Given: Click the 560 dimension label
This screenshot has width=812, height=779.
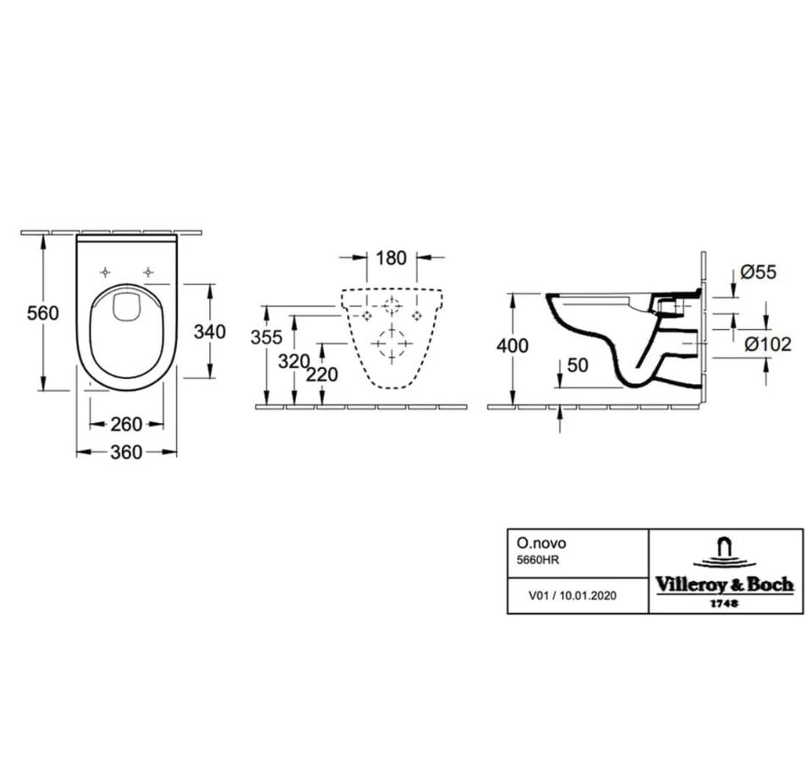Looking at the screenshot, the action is pyautogui.click(x=43, y=313).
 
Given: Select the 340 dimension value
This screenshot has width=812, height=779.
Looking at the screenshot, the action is pyautogui.click(x=210, y=332).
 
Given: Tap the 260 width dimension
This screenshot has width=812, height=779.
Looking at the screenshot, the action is pyautogui.click(x=126, y=425).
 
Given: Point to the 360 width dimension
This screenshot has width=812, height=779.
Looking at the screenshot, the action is pyautogui.click(x=126, y=453).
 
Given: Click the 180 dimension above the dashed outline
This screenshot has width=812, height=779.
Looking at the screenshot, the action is pyautogui.click(x=391, y=257).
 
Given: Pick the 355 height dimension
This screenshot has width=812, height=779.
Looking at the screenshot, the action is pyautogui.click(x=266, y=337).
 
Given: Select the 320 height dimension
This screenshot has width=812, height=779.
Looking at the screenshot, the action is pyautogui.click(x=294, y=361).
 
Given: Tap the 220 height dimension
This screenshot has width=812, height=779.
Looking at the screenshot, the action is pyautogui.click(x=321, y=374).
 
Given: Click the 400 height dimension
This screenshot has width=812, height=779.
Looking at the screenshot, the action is pyautogui.click(x=513, y=345).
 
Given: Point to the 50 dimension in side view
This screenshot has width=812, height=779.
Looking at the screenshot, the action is pyautogui.click(x=578, y=365).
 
